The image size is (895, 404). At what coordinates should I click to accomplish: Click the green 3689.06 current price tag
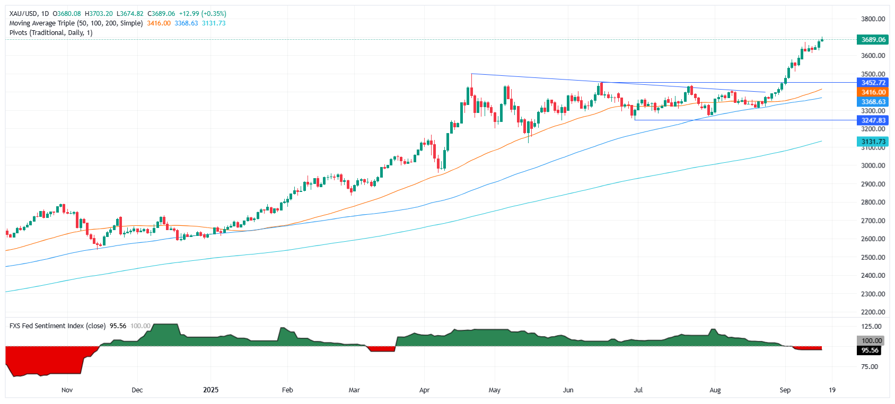873,40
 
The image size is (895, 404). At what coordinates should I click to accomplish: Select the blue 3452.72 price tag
873,83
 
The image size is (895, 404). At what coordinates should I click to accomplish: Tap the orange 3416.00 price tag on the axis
873,92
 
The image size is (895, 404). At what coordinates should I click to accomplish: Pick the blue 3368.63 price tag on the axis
873,102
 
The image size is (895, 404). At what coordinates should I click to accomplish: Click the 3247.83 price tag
873,120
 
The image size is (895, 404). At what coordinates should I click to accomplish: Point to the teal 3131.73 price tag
873,142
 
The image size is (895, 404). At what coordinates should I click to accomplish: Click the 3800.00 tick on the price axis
873,19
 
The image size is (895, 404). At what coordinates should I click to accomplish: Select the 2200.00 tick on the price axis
873,312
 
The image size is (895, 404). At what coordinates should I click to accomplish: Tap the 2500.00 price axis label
873,257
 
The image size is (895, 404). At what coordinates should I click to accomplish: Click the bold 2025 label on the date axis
210,390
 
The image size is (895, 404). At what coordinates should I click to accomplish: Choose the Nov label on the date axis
67,390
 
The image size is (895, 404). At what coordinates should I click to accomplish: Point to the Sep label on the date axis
785,390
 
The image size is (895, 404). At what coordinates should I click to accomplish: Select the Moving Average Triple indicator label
76,23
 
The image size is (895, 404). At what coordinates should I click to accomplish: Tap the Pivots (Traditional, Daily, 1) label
51,33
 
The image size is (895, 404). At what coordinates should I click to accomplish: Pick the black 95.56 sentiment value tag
870,350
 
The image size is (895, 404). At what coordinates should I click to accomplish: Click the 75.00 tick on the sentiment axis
870,367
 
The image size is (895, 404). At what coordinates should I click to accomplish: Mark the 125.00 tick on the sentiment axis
871,327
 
